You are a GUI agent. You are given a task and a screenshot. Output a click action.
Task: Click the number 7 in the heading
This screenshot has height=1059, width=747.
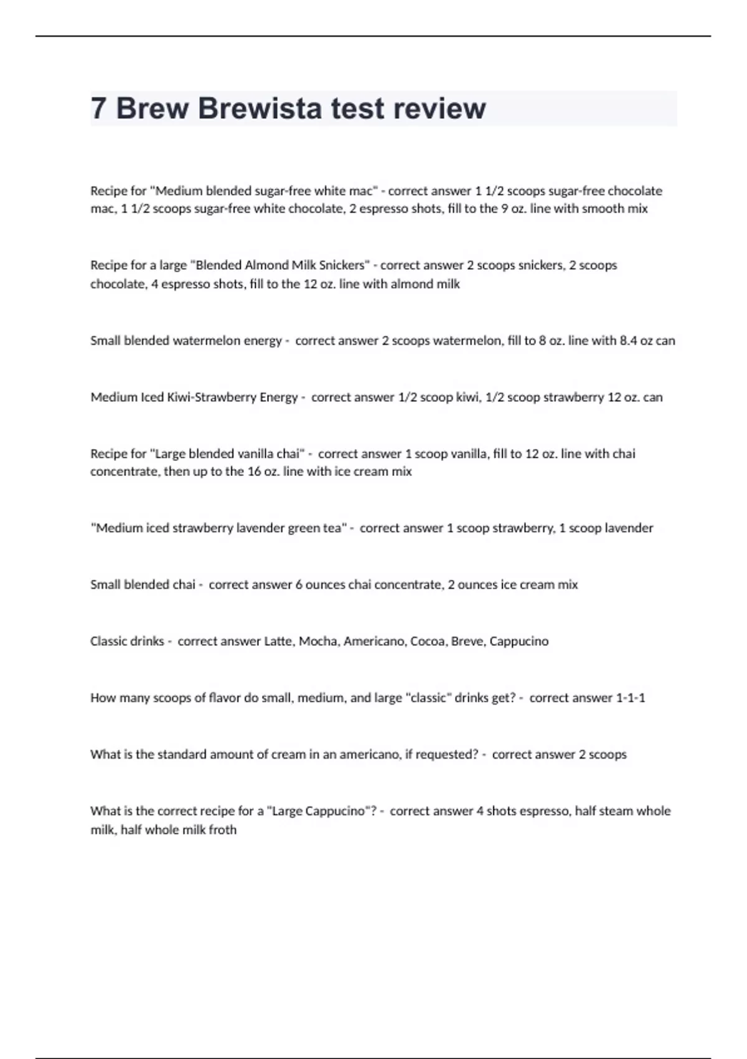(98, 108)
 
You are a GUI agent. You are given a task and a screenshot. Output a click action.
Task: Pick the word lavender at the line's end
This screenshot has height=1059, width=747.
(629, 528)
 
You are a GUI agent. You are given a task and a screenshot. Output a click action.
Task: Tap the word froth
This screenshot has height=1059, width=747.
(222, 830)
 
